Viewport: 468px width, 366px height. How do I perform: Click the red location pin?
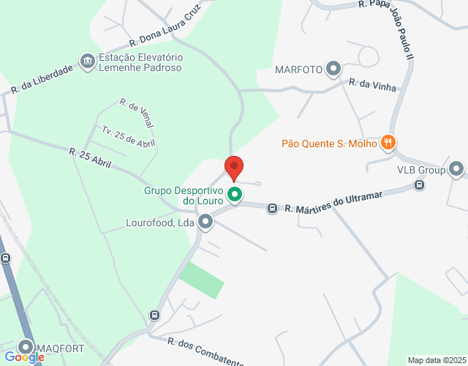tap(234, 168)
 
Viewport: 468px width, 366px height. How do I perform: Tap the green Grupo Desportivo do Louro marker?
tap(235, 195)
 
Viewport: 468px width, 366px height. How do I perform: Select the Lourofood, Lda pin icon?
tap(205, 220)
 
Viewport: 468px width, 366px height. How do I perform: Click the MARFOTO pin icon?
tap(333, 70)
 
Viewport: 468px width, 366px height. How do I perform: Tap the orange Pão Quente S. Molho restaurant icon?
tap(388, 143)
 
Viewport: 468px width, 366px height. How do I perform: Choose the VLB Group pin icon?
tap(456, 169)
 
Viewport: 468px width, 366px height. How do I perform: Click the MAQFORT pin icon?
tap(26, 346)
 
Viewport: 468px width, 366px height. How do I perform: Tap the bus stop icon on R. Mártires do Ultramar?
tap(272, 209)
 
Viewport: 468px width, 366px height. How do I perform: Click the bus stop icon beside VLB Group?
tap(419, 185)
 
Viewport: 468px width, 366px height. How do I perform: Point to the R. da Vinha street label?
tap(373, 85)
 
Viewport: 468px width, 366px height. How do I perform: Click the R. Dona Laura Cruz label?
tap(165, 27)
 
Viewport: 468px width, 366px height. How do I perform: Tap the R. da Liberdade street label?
tap(42, 79)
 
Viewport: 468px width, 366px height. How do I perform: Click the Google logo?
tap(24, 356)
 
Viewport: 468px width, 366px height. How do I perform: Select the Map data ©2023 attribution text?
tap(436, 360)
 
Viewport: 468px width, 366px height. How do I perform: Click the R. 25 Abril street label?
tap(90, 157)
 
